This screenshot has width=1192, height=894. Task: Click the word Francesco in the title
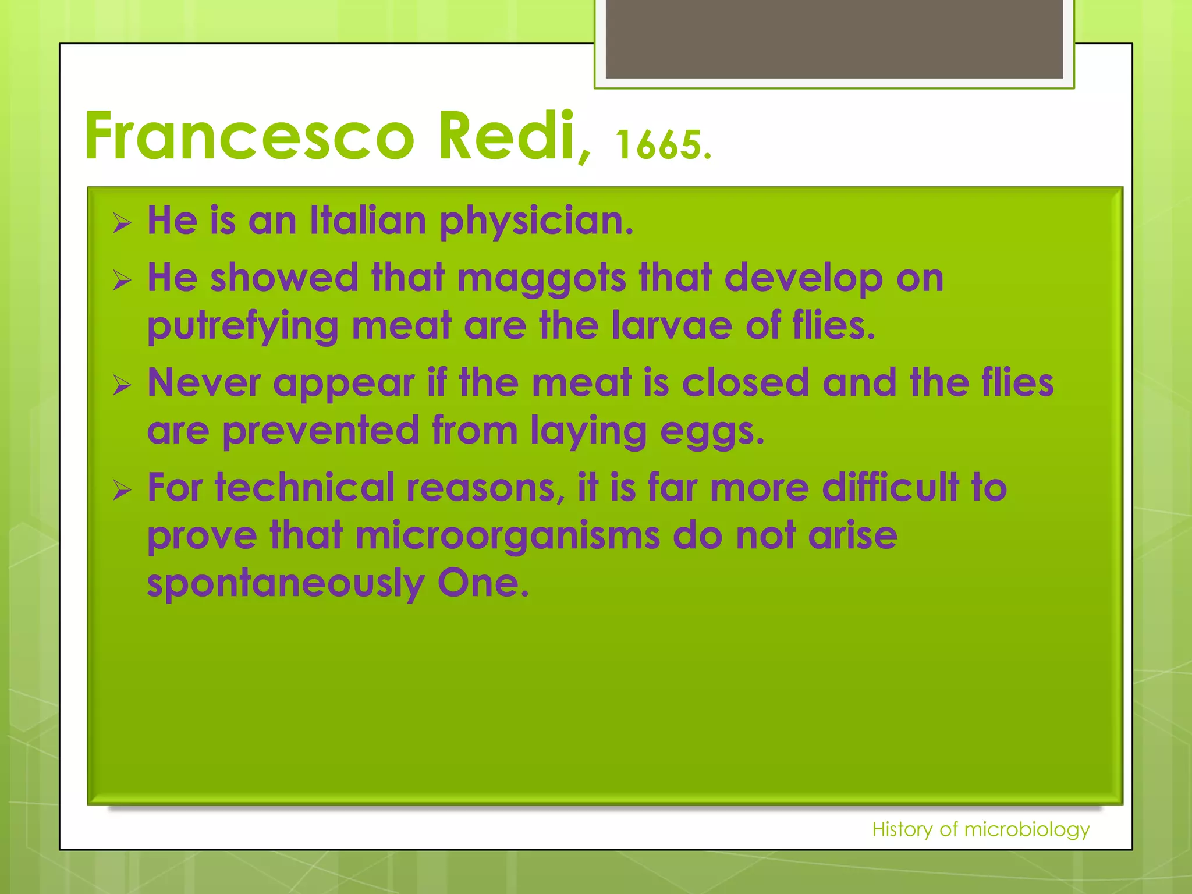[x=249, y=137]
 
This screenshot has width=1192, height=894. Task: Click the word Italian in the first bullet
[x=368, y=221]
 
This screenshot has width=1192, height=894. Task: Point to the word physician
[x=535, y=222]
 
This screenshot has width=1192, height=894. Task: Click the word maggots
[x=541, y=279]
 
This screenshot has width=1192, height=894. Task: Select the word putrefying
[x=243, y=326]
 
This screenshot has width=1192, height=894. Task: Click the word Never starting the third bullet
[x=204, y=383]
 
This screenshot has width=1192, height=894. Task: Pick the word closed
[x=745, y=383]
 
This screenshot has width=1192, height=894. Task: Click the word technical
[x=304, y=487]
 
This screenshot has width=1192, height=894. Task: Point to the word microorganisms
[x=508, y=535]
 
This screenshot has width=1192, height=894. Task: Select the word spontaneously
[x=285, y=584]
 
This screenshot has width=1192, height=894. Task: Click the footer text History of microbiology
[x=980, y=829]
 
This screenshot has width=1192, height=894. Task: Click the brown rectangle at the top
[x=834, y=38]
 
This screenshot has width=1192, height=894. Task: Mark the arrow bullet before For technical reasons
[x=122, y=491]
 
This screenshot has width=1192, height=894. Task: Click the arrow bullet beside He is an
[x=122, y=223]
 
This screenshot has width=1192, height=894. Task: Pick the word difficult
[x=890, y=487]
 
